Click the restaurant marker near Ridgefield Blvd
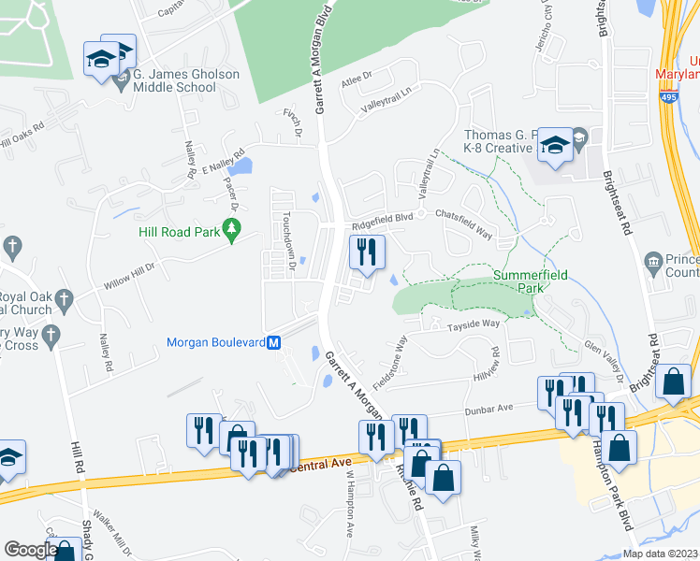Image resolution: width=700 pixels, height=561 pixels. (366, 252)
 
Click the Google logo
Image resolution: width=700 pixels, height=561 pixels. (30, 550)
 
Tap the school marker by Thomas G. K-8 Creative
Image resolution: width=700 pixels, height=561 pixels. (555, 147)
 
